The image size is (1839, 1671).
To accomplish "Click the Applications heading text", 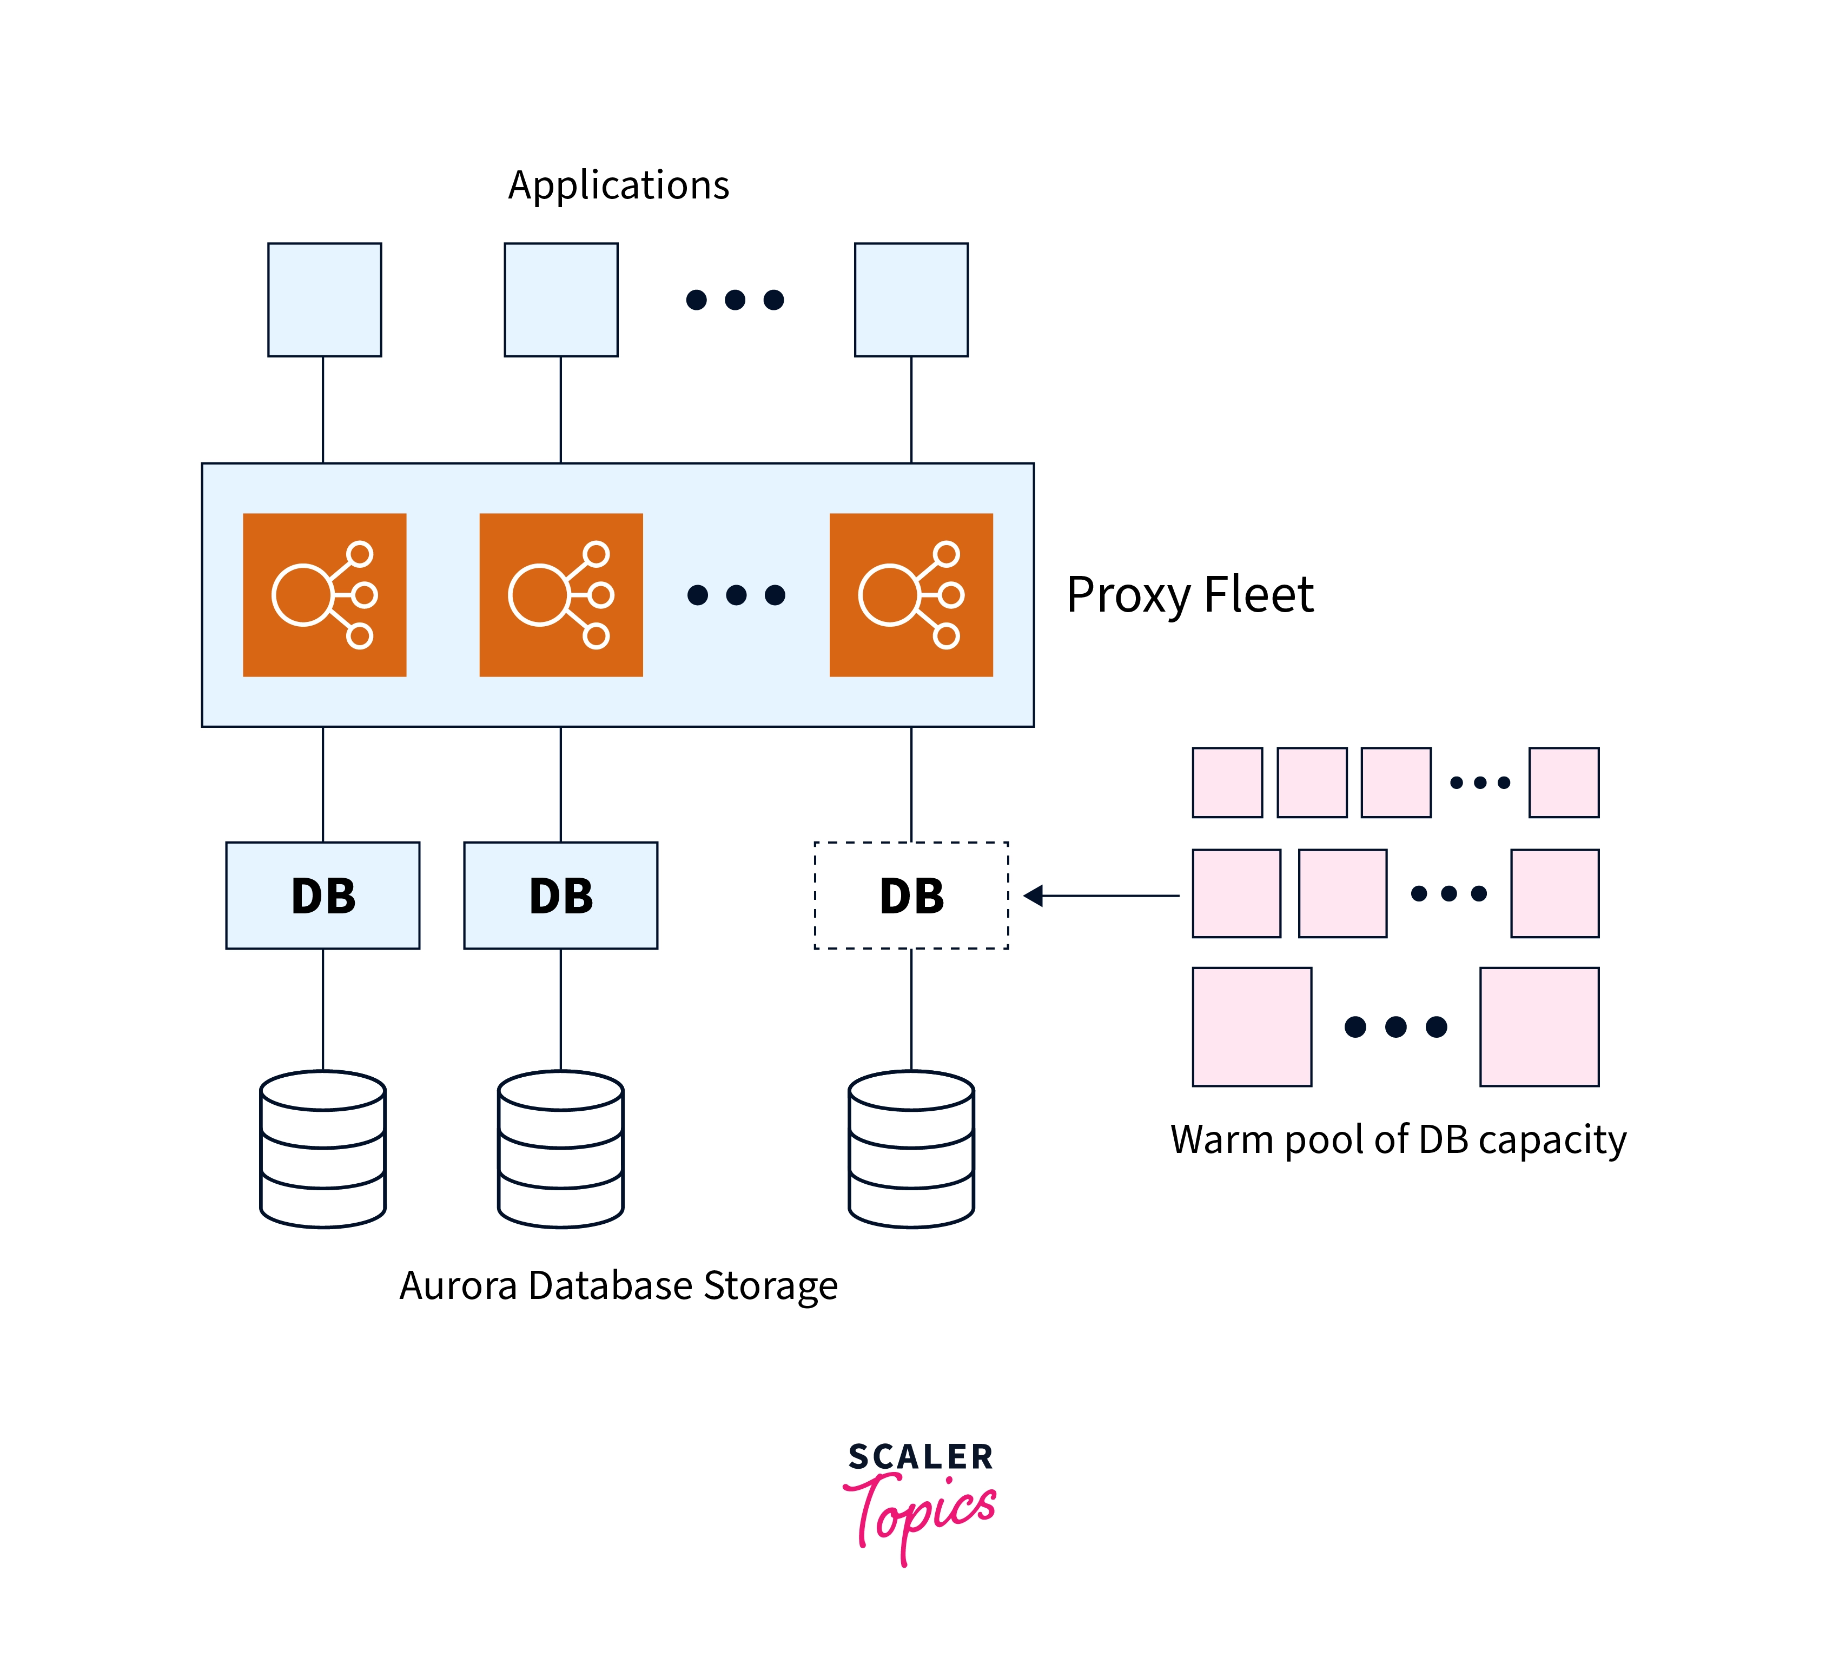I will click(618, 185).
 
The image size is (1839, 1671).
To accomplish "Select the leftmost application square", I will click(324, 299).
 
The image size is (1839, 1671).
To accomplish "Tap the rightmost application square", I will click(910, 299).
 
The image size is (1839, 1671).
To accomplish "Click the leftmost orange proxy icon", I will click(324, 595).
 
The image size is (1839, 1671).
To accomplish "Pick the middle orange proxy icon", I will click(561, 595).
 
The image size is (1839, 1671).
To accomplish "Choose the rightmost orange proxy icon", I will click(910, 595).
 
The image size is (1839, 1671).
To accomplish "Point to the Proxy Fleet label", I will click(1189, 595).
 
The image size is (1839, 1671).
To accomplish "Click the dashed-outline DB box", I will click(910, 895).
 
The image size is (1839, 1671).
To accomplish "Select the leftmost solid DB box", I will click(323, 895).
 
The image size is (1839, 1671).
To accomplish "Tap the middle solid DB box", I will click(560, 895).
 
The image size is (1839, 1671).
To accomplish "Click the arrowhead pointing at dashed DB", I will click(1034, 896).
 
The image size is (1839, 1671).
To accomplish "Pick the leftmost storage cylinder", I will click(323, 1149).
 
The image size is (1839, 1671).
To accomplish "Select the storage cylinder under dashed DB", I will click(910, 1149).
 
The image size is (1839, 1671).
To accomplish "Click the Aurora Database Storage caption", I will click(618, 1285).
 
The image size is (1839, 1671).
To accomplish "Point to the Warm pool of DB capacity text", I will click(1398, 1139).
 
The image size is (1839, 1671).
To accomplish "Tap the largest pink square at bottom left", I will click(1252, 1026).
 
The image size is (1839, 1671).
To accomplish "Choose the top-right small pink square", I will click(1564, 781).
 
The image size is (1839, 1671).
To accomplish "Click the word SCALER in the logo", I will click(921, 1457).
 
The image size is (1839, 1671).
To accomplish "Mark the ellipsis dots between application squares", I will click(735, 299).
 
